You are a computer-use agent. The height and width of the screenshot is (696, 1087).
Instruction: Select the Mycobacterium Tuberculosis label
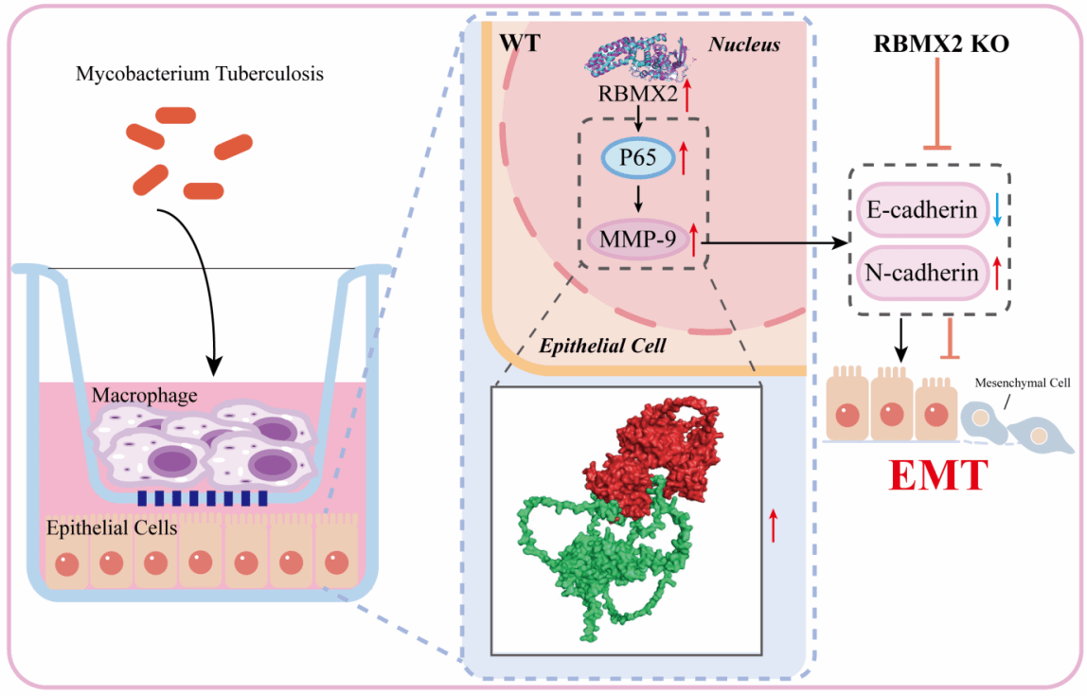tap(200, 73)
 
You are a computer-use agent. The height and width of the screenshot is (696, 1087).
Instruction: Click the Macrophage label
tap(145, 395)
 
